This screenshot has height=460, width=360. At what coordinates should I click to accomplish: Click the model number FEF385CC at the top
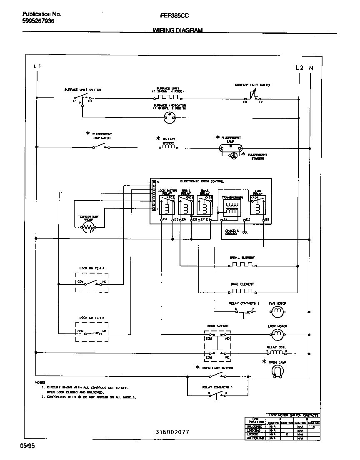[175, 15]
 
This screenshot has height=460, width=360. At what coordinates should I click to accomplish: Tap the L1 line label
[37, 67]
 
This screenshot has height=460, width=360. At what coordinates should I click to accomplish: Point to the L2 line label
[299, 67]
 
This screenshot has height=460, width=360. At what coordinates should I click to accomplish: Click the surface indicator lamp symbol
[169, 117]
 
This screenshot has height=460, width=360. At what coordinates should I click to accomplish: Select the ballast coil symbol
[168, 147]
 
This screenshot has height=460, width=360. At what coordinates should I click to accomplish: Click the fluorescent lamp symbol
[230, 147]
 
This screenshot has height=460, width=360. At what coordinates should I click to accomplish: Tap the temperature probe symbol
[88, 227]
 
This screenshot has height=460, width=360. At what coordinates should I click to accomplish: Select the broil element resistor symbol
[242, 265]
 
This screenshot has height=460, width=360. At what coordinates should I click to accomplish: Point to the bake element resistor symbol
[242, 291]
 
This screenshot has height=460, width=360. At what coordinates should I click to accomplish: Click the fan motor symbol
[277, 311]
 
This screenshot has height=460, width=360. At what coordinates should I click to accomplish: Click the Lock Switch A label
[92, 269]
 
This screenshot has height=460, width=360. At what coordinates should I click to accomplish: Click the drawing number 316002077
[172, 432]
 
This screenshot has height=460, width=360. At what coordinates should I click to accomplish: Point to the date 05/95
[26, 445]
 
